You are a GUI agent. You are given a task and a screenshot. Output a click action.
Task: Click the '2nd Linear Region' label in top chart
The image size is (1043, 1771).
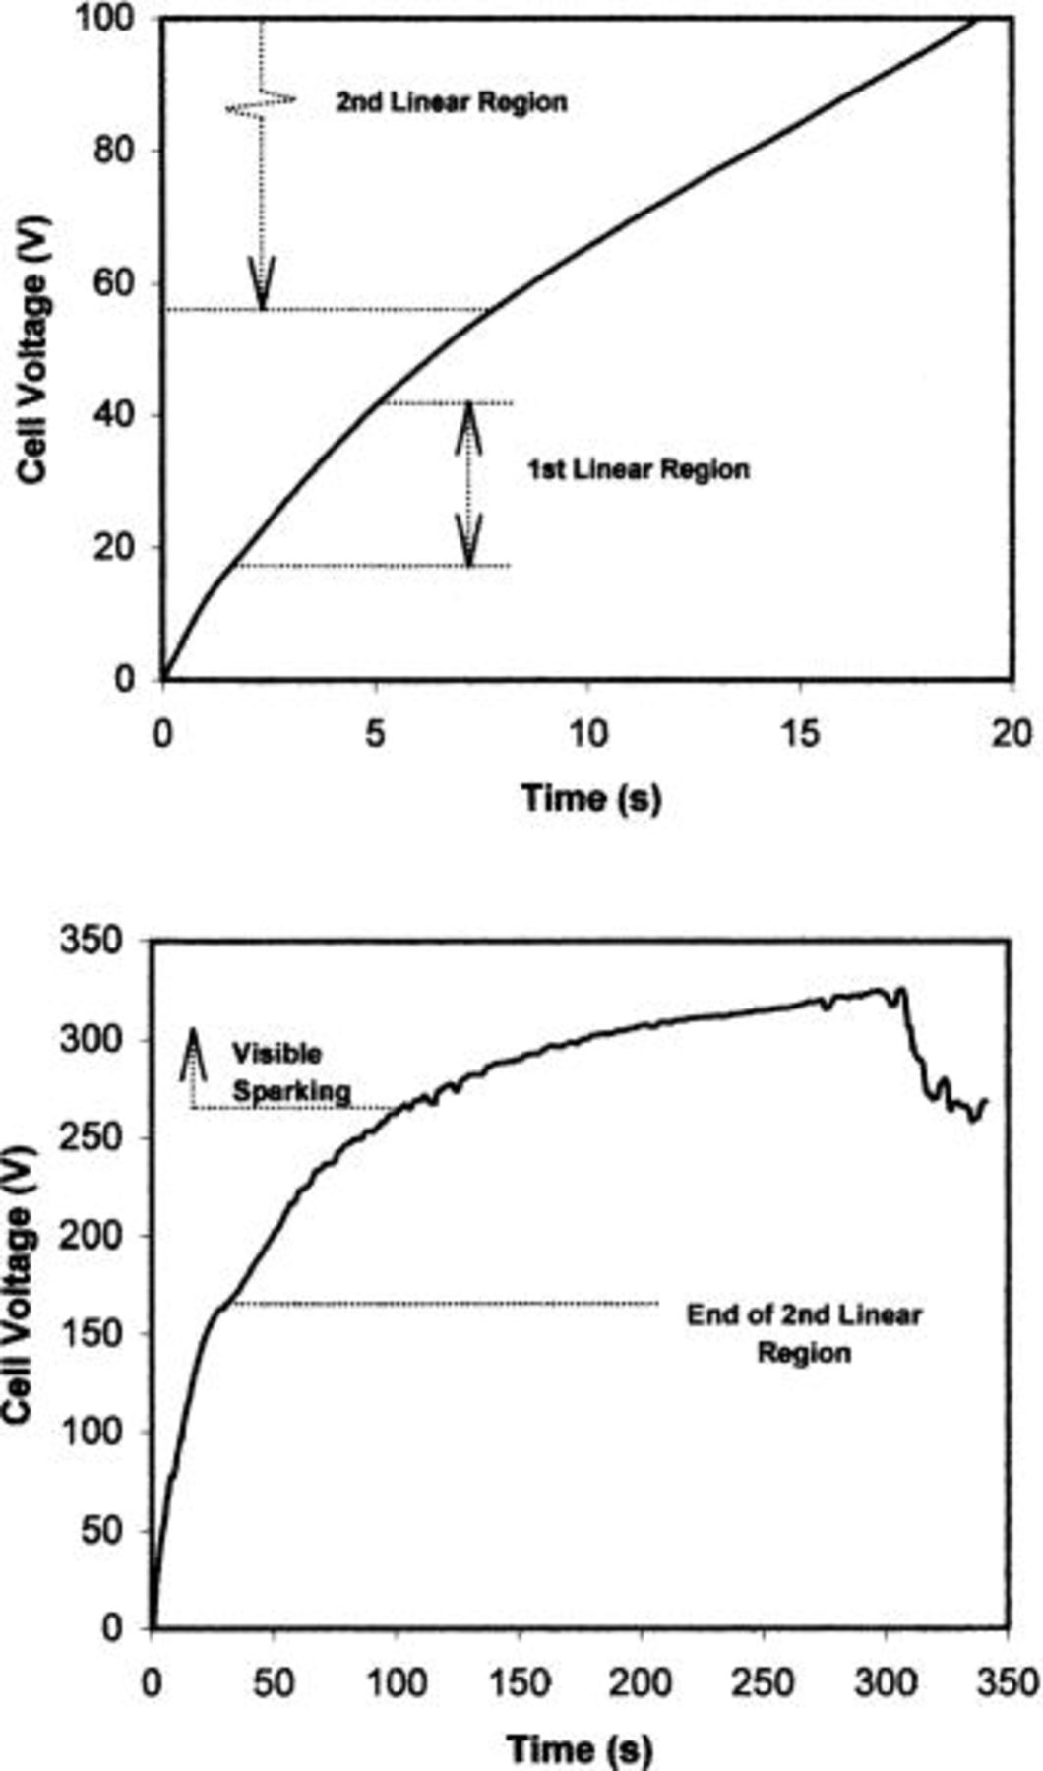click(452, 102)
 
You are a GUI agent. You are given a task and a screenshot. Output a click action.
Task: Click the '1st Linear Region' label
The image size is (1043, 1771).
click(638, 469)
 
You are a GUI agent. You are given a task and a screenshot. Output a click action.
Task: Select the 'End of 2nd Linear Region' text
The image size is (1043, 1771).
click(803, 1334)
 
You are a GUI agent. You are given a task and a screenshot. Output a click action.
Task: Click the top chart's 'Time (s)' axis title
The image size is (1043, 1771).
click(590, 796)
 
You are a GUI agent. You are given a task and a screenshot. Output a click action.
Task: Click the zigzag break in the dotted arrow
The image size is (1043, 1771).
click(261, 100)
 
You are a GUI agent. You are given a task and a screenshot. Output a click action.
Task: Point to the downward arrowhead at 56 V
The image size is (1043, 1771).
click(262, 285)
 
